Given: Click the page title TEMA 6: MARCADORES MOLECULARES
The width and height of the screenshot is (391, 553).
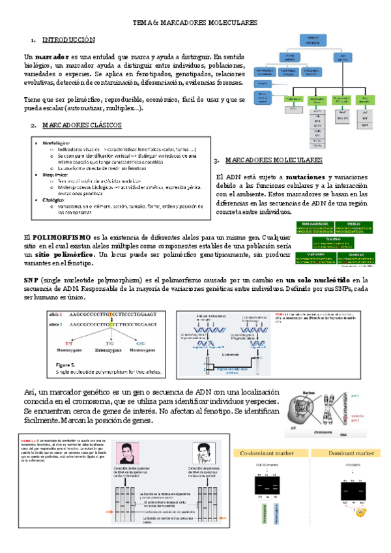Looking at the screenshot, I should [x=195, y=22].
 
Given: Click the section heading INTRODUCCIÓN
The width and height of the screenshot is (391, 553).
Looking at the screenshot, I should [x=68, y=40].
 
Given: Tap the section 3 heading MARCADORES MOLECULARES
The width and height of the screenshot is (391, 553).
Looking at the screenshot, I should [x=273, y=160].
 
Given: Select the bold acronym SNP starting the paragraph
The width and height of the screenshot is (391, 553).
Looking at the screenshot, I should [x=31, y=279].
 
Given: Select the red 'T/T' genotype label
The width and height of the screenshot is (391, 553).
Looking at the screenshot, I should [x=67, y=343].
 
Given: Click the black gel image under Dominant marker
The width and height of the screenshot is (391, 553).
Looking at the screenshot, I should [x=340, y=485].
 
